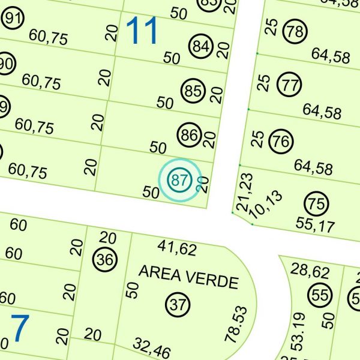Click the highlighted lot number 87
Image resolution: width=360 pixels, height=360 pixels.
pos(178,179)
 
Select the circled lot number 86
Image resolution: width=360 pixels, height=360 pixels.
pos(189,135)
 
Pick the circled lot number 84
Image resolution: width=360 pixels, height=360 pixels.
pos(200,46)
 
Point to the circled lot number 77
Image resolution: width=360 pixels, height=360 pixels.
pos(290,85)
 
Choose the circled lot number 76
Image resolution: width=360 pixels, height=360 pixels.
pos(281,142)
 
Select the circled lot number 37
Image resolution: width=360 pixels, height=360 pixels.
pos(178,304)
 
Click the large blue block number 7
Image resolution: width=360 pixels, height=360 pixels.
pos(20,329)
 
